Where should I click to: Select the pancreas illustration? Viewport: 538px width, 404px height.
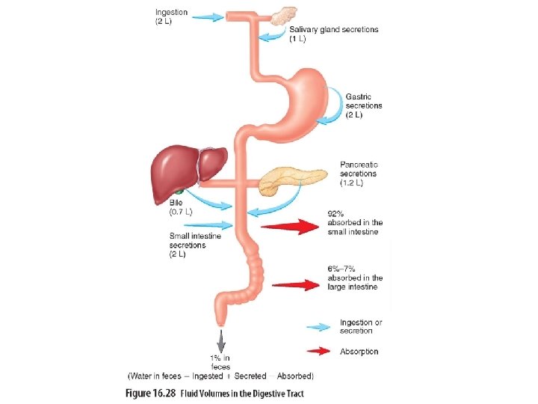pyautogui.click(x=295, y=180)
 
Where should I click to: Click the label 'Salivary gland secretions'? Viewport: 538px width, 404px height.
pyautogui.click(x=333, y=30)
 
